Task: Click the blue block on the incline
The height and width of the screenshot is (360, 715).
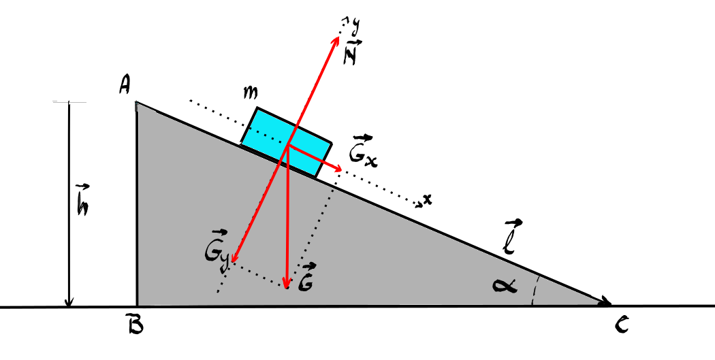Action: (x=287, y=142)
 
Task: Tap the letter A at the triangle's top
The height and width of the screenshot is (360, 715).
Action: (x=123, y=85)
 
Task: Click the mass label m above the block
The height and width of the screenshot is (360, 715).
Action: (x=250, y=93)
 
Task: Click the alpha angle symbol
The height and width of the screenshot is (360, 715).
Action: (x=505, y=286)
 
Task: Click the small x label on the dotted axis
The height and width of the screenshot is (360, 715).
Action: (x=427, y=199)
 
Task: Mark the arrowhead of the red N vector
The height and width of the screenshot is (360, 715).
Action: (x=336, y=39)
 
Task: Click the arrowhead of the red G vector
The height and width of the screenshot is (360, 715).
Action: (x=286, y=285)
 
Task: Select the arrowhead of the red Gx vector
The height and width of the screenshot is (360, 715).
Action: (x=338, y=168)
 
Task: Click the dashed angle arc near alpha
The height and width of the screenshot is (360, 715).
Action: (x=536, y=290)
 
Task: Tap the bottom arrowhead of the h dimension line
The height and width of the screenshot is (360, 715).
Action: (x=69, y=302)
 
